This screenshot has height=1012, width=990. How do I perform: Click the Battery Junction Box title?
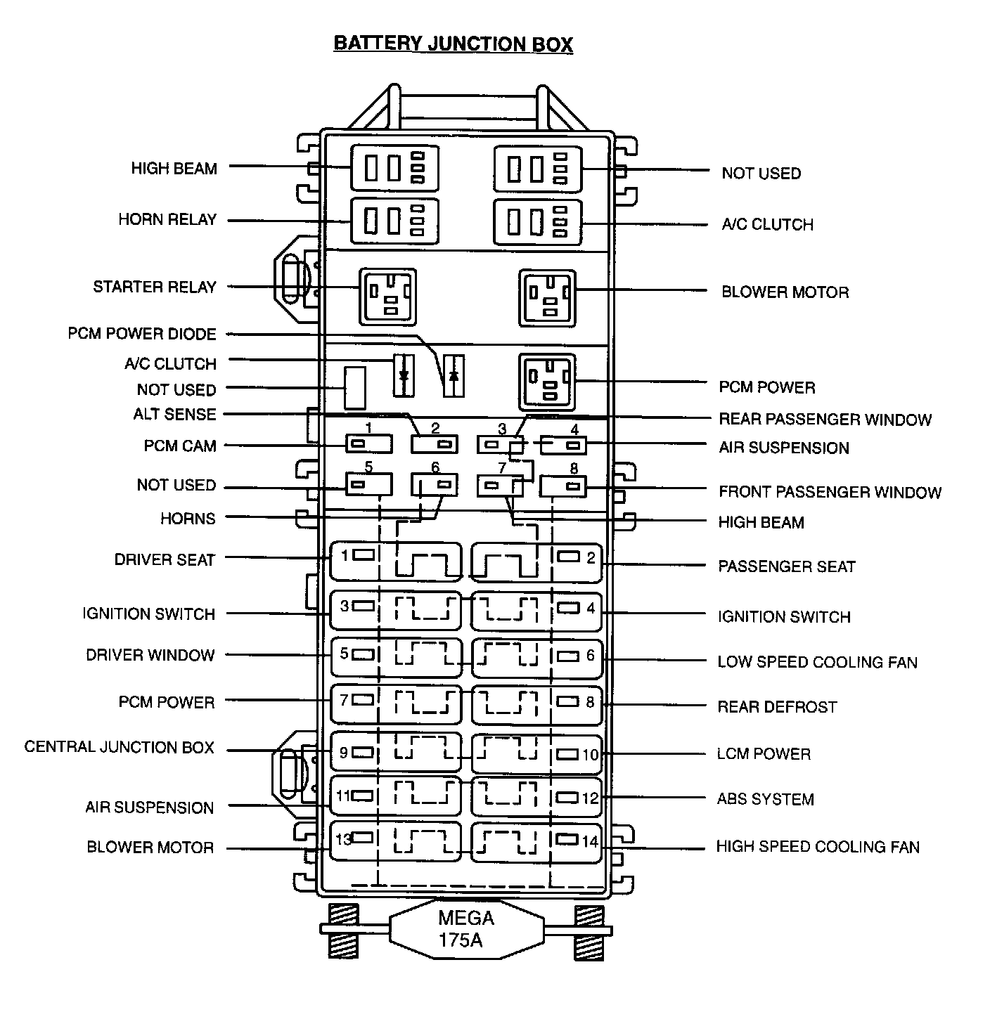point(453,44)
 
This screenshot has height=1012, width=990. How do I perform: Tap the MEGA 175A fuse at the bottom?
point(465,928)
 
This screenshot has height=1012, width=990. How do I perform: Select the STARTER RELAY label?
point(155,287)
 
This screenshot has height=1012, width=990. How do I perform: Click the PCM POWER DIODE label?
point(142,333)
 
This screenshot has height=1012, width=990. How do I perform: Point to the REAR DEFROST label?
point(777,706)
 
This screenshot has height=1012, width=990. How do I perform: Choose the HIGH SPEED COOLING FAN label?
point(818,847)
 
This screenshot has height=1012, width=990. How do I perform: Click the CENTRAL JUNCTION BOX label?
point(119,747)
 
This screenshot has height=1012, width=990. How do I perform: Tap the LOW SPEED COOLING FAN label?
point(817,662)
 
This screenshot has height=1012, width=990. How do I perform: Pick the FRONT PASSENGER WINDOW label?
point(830,492)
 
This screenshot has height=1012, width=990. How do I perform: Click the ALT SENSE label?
point(174,414)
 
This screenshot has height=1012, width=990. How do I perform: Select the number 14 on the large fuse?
point(589,841)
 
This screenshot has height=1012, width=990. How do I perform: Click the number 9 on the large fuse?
point(343,753)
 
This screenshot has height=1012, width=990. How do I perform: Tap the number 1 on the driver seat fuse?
point(345,556)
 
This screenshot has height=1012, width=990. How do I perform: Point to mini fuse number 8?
point(563,486)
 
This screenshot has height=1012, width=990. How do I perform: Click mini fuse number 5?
point(368,484)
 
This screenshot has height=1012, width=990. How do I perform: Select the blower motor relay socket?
point(547,298)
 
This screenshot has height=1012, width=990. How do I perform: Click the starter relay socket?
point(387,296)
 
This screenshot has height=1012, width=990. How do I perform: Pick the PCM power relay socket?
point(547,382)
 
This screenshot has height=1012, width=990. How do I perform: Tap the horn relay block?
point(394,221)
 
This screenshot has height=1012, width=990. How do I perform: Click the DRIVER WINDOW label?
point(150,655)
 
